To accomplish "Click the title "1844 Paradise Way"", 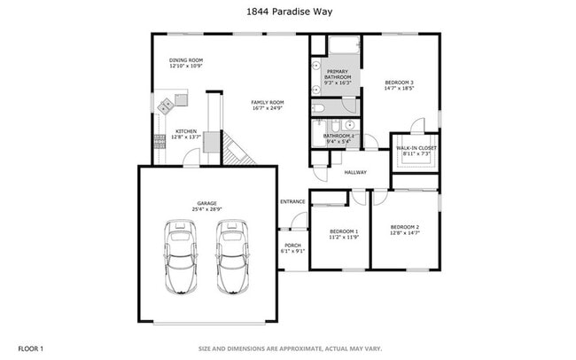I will pos(287,13).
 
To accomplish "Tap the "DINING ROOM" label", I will pos(186,60).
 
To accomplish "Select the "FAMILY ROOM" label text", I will pos(267,102).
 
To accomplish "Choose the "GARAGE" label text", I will pos(206,203).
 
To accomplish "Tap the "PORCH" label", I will pos(292,246).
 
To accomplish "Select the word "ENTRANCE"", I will pos(292,201).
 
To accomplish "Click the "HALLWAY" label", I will pos(355,172).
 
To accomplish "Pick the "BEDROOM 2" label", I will pos(405,227).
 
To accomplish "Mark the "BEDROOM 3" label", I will pos(400,82).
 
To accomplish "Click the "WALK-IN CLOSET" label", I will pos(416,148).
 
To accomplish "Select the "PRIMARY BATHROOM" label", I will pos(339,74).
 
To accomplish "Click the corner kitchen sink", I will pos(167,106).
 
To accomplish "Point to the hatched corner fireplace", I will pos(237,150).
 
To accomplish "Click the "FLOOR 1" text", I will pos(31,348).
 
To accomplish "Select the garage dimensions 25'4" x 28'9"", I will pos(206,209).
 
